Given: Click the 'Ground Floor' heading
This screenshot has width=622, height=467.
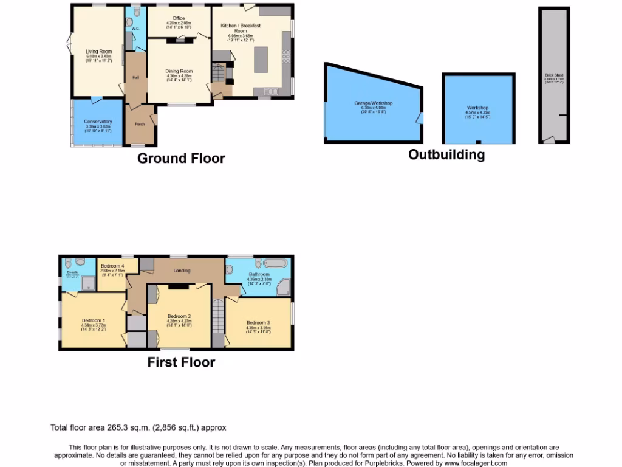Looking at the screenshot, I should click(x=181, y=159).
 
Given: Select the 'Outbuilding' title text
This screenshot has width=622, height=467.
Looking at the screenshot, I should click(x=446, y=154).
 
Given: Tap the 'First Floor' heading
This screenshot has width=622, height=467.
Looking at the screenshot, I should click(x=181, y=362).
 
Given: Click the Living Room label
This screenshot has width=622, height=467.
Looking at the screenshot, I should click(x=98, y=52).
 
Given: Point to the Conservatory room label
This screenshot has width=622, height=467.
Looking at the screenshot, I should click(x=98, y=122).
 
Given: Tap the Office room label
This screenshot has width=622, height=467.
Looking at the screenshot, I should click(x=179, y=19).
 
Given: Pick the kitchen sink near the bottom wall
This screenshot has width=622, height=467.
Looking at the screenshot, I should click(x=271, y=92).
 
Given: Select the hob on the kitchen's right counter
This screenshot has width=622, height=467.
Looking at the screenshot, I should click(x=285, y=57).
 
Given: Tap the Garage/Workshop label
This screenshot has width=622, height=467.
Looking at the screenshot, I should click(x=374, y=103).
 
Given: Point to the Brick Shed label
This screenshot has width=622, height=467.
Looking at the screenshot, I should click(x=554, y=76).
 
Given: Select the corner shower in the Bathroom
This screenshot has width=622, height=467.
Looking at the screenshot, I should click(x=283, y=288).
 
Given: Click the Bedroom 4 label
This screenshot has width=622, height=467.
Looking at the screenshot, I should click(x=112, y=266).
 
